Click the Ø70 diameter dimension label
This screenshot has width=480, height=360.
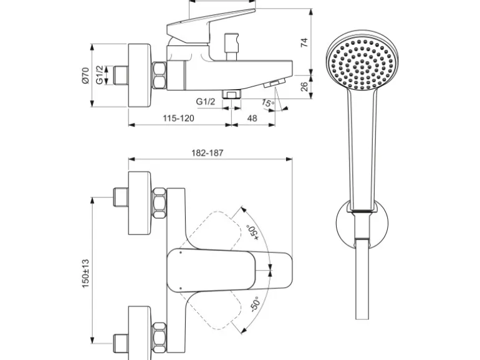pyautogui.click(x=85, y=75)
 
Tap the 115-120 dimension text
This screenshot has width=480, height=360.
pyautogui.click(x=178, y=118)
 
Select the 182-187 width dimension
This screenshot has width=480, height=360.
pyautogui.click(x=208, y=153)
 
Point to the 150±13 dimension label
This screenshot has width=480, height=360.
pyautogui.click(x=85, y=273)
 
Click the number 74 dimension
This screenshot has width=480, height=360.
pyautogui.click(x=304, y=42)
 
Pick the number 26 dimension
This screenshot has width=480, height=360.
pyautogui.click(x=304, y=87)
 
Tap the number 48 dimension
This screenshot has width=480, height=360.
pyautogui.click(x=252, y=118)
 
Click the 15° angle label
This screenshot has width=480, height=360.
pyautogui.click(x=268, y=103)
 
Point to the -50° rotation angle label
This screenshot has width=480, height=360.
pyautogui.click(x=255, y=304)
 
